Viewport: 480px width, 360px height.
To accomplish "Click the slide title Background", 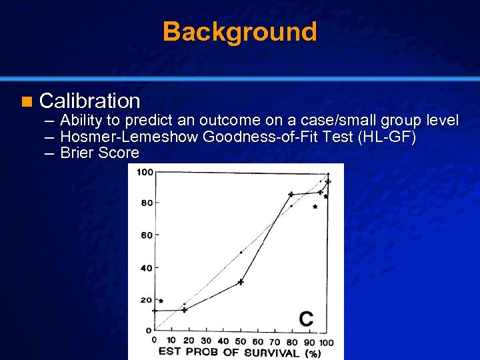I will pyautogui.click(x=239, y=31).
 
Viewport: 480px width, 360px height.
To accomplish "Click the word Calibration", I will pyautogui.click(x=90, y=101).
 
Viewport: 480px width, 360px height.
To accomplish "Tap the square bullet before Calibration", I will pyautogui.click(x=26, y=102).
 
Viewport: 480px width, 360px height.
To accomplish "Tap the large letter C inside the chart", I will pyautogui.click(x=305, y=319).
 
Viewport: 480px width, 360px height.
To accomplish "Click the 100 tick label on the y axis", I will pyautogui.click(x=145, y=173).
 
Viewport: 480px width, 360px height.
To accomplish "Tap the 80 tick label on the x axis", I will pyautogui.click(x=292, y=341).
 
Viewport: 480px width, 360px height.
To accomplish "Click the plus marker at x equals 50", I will pyautogui.click(x=241, y=282).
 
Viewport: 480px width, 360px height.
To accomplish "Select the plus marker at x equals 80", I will pyautogui.click(x=291, y=194).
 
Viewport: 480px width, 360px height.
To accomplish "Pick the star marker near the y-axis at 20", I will pyautogui.click(x=161, y=301).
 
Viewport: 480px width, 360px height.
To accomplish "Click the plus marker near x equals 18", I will pyautogui.click(x=185, y=309).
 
